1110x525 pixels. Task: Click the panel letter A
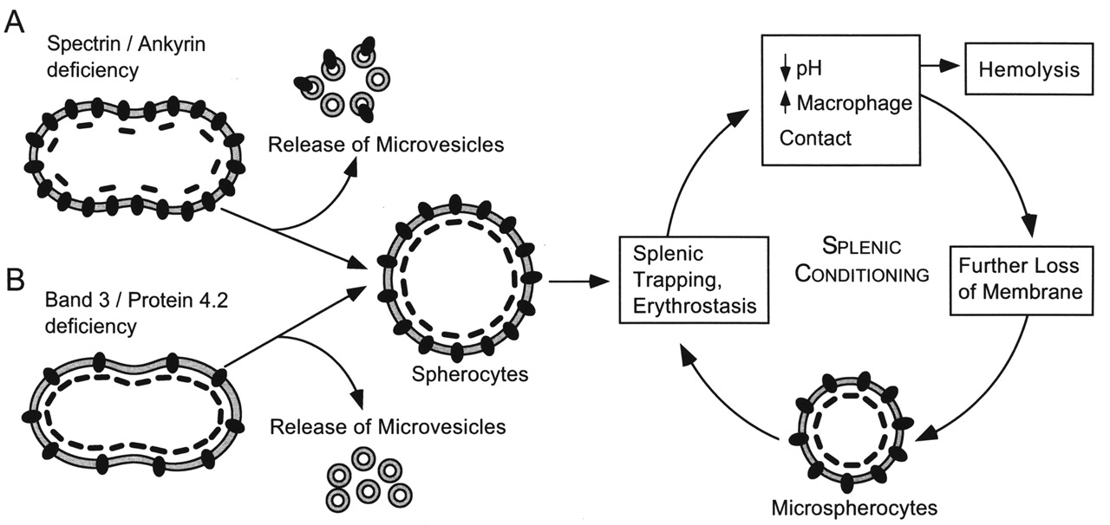[x=15, y=22]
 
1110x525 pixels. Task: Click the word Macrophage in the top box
[x=854, y=104]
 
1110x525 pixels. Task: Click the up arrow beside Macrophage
[x=786, y=103]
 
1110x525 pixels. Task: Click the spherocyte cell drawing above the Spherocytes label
[x=456, y=280]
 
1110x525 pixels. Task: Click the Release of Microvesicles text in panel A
[x=386, y=144]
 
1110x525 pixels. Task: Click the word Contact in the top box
[x=815, y=138]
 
